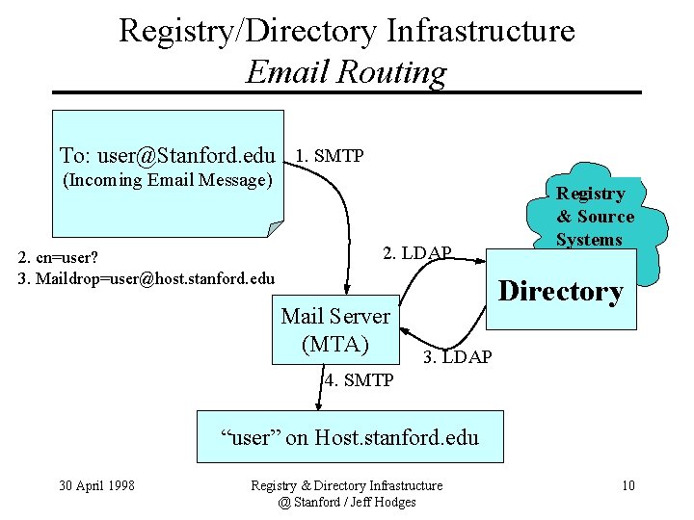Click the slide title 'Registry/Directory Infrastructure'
pyautogui.click(x=346, y=31)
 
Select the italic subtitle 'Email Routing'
pyautogui.click(x=346, y=72)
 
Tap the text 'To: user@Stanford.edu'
pyautogui.click(x=167, y=156)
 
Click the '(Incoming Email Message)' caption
pyautogui.click(x=167, y=180)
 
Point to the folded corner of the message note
pyautogui.click(x=276, y=228)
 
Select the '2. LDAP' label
pyautogui.click(x=416, y=253)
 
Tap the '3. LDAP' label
pyautogui.click(x=458, y=357)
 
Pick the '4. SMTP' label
pyautogui.click(x=359, y=380)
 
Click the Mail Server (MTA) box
pyautogui.click(x=334, y=329)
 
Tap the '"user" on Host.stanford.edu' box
pyautogui.click(x=349, y=437)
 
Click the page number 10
pyautogui.click(x=627, y=485)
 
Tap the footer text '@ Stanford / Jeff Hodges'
pyautogui.click(x=346, y=502)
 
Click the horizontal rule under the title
pyautogui.click(x=346, y=92)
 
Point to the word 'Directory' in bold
pyautogui.click(x=560, y=291)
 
